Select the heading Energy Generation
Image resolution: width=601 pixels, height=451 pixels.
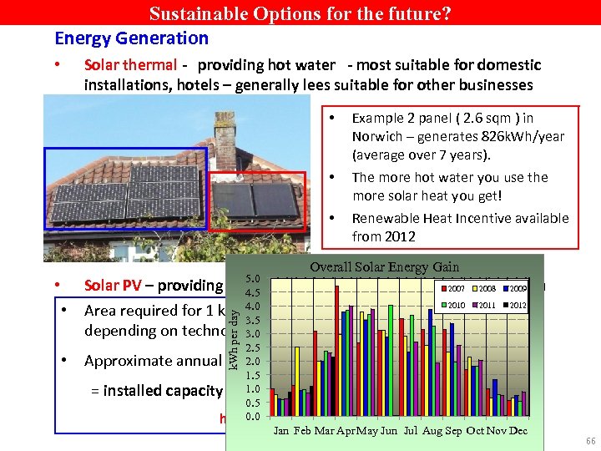tap(131, 38)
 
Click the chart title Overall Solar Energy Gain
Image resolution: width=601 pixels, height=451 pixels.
tap(384, 266)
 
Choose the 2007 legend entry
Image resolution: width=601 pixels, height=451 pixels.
tap(455, 287)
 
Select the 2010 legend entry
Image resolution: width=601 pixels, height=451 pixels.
tap(455, 305)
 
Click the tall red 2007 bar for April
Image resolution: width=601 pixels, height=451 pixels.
tap(337, 351)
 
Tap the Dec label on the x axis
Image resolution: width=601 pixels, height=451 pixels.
tap(518, 431)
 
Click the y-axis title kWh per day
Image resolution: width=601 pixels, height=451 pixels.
tap(236, 338)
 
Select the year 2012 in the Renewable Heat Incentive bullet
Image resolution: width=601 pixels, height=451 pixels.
tap(368, 236)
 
